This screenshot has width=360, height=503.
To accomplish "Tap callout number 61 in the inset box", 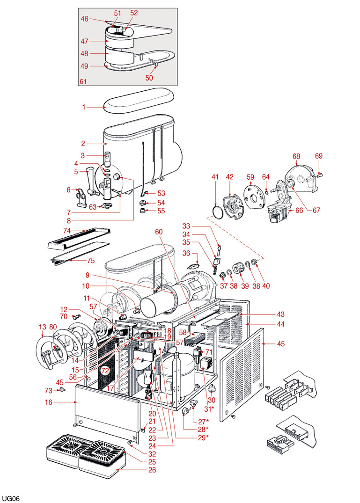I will point(83,81).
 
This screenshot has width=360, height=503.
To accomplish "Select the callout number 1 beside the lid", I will point(84,107).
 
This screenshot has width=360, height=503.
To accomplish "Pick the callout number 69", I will point(319,156).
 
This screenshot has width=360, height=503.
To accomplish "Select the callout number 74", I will point(67,231).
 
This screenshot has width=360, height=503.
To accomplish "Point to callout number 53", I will point(161,193).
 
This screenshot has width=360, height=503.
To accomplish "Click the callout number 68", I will point(296,156).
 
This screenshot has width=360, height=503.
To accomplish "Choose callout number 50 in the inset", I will point(149,78).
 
